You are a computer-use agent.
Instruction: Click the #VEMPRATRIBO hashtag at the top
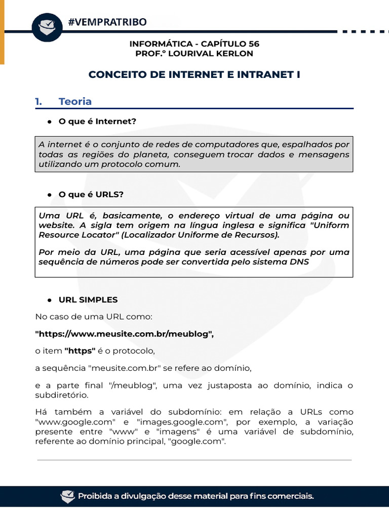coord(107,22)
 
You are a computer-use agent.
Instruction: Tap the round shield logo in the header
coord(47,26)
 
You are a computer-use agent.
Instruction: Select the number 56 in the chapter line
coord(253,44)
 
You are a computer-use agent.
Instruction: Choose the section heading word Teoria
coord(75,102)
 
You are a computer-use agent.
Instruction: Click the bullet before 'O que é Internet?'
coord(50,122)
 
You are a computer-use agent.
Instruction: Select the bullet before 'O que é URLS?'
coord(50,195)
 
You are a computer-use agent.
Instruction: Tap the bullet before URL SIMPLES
coord(50,300)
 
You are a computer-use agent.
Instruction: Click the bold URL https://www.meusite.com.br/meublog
coord(125,334)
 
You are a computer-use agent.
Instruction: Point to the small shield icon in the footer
coord(67,496)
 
